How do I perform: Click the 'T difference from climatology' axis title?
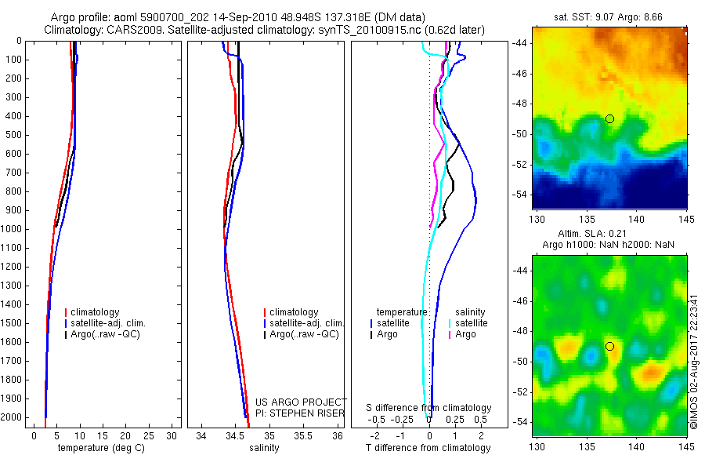point(428,448)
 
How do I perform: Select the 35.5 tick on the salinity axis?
point(303,435)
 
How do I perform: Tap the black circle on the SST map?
point(609,118)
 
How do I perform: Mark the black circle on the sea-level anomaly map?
point(609,346)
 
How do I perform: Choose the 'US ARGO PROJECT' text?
point(302,402)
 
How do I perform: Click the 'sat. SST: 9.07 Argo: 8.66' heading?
point(609,16)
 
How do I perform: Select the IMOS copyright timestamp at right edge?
point(693,356)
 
